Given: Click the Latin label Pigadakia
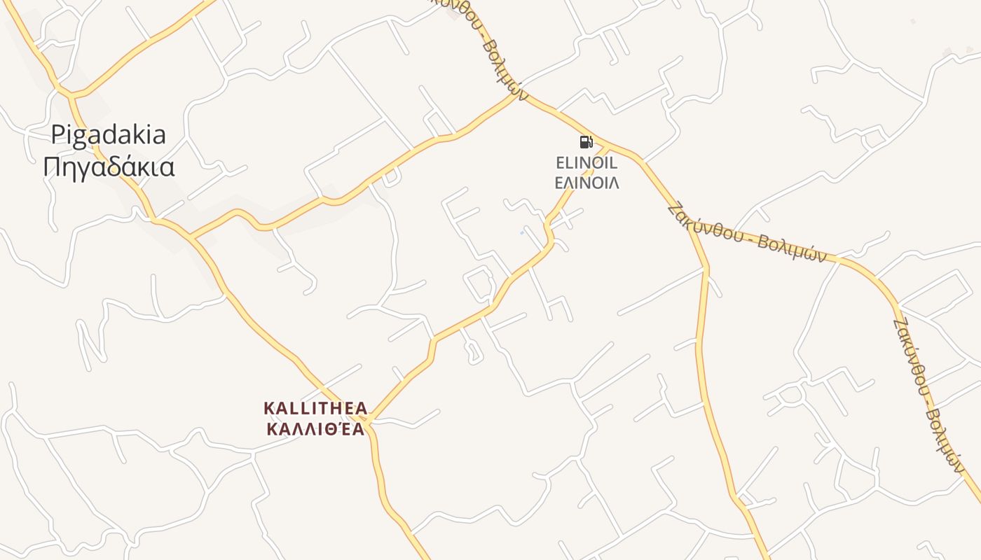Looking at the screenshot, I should pyautogui.click(x=109, y=134).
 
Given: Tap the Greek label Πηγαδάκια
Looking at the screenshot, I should pyautogui.click(x=109, y=167).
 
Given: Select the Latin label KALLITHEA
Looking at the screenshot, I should pyautogui.click(x=315, y=407).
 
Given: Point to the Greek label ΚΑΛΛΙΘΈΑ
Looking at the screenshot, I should pyautogui.click(x=315, y=428).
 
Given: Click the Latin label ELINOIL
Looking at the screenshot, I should pyautogui.click(x=586, y=164).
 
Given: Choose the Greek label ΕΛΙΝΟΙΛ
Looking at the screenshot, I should pyautogui.click(x=586, y=183).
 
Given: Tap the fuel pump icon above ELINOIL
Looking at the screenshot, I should pyautogui.click(x=586, y=143).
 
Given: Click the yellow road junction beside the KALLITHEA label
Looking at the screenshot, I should pyautogui.click(x=369, y=419).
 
